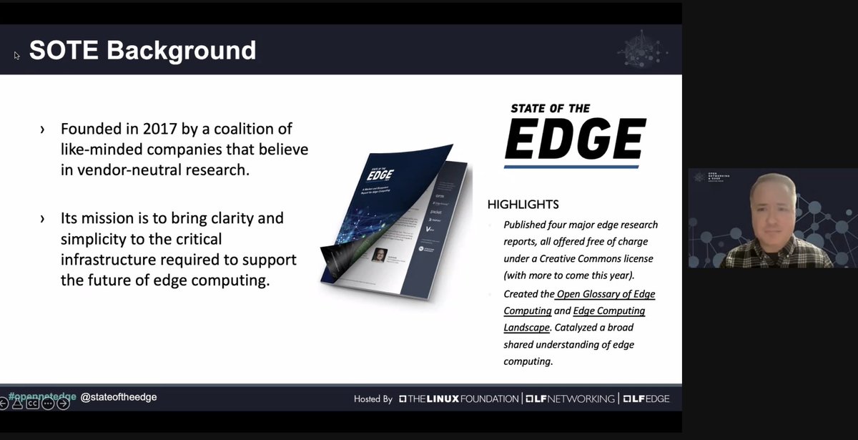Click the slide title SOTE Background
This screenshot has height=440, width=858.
click(x=142, y=50)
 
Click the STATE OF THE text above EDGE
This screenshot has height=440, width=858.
click(x=550, y=108)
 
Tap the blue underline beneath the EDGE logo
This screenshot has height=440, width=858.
click(x=571, y=167)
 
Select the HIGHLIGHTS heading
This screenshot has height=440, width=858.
click(x=523, y=205)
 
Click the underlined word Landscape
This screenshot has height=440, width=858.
click(x=526, y=327)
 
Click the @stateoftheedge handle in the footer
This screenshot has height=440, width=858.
click(x=119, y=396)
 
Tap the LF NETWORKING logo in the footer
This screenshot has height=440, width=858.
click(x=570, y=399)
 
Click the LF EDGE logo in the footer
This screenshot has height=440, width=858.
click(x=645, y=399)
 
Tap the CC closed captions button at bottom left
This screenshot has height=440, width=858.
click(x=33, y=404)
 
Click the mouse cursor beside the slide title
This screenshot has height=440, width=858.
click(x=16, y=55)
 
